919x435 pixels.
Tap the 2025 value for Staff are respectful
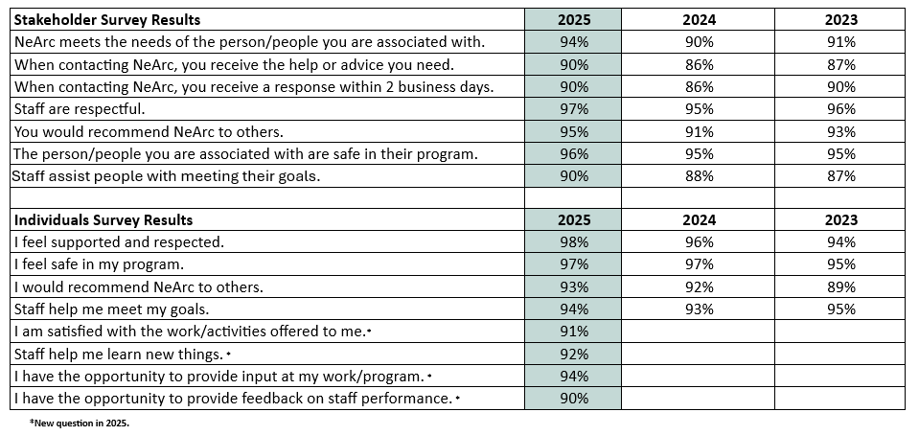click(573, 109)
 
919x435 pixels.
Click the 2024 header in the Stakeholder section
click(699, 19)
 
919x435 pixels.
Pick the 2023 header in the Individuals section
click(839, 220)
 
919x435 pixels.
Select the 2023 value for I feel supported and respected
click(839, 242)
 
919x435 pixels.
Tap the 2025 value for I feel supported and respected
click(573, 242)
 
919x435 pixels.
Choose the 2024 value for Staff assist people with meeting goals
click(699, 176)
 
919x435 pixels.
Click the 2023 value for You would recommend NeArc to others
click(839, 131)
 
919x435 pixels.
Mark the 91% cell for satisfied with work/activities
click(573, 332)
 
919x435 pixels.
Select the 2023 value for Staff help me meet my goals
click(839, 309)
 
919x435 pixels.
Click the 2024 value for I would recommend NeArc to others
click(699, 286)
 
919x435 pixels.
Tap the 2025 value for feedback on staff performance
click(573, 399)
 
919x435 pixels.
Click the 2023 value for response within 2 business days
click(839, 86)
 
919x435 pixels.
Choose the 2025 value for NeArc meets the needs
click(573, 42)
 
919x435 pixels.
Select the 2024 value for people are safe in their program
click(699, 153)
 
